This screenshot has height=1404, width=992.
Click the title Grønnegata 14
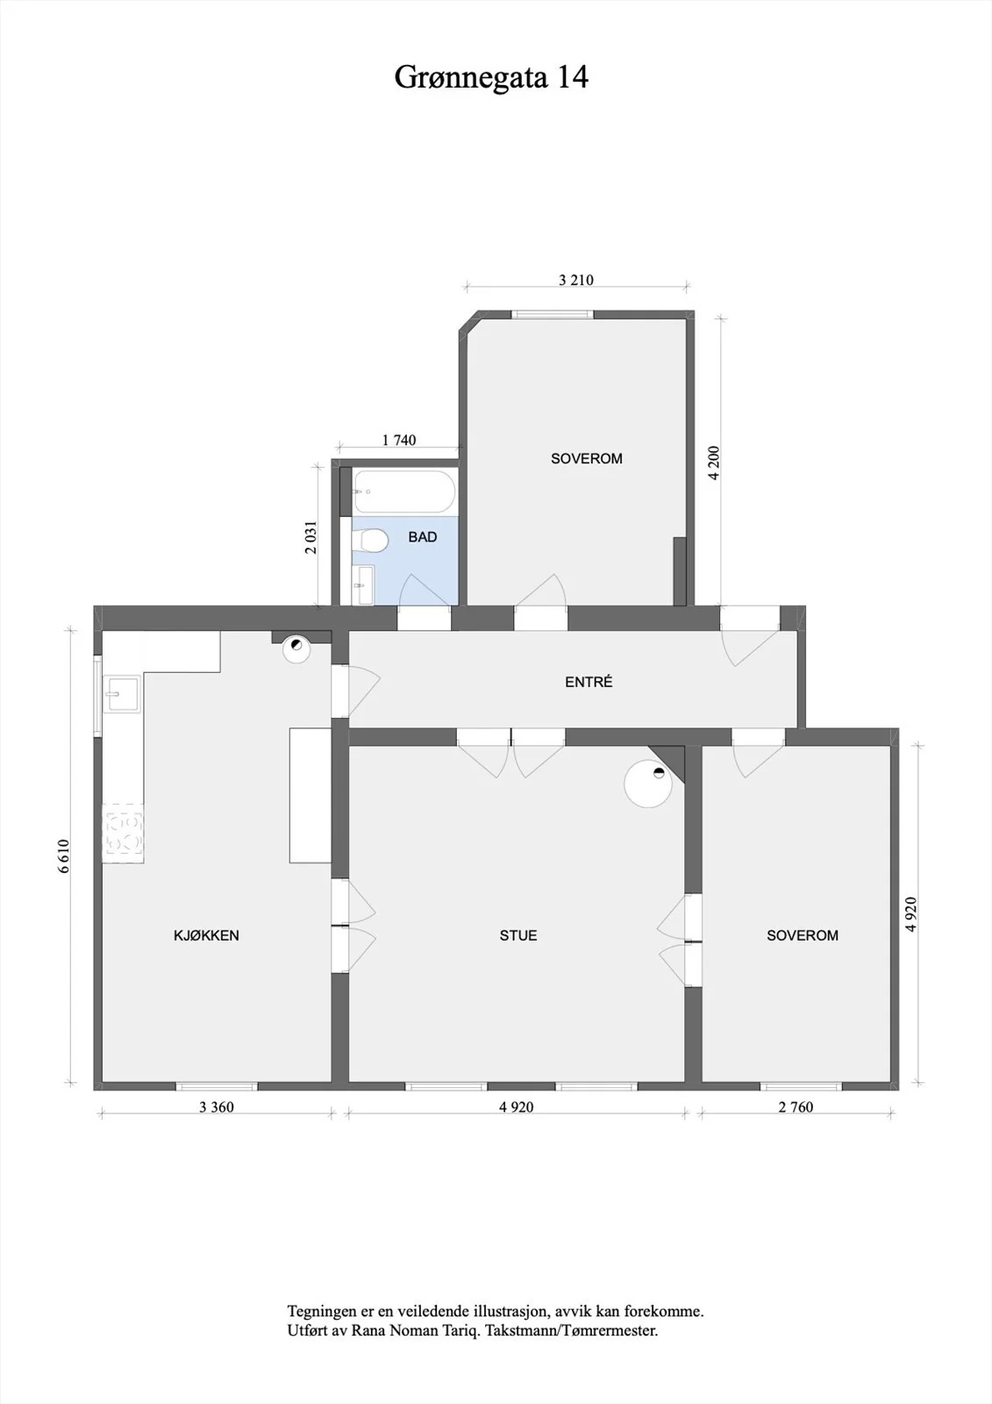491,78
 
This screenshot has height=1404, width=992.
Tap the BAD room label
423,537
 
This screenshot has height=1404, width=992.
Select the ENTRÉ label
589,682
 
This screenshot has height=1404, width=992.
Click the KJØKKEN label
206,935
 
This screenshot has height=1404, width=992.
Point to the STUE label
518,935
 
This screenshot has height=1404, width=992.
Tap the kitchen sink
123,694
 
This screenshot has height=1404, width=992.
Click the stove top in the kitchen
124,833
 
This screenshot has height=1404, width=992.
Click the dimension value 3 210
576,280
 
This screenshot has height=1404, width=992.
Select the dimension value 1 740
399,440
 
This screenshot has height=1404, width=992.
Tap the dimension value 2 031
311,537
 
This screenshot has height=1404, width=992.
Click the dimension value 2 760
796,1107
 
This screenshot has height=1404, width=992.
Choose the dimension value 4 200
714,462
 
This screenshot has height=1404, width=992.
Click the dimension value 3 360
216,1107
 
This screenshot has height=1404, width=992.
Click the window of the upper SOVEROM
552,315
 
